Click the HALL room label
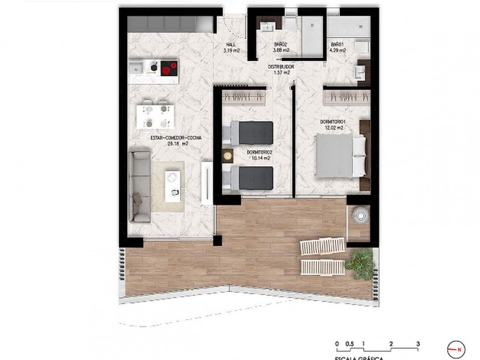tap(231, 47)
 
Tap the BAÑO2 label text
tap(281, 47)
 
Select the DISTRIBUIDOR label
tap(281, 69)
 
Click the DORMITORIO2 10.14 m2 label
tap(259, 155)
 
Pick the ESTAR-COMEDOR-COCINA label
tap(176, 140)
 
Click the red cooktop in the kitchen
tap(169, 68)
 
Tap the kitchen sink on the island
tap(135, 68)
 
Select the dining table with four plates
tap(156, 116)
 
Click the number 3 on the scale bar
tap(418, 344)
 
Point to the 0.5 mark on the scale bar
tap(349, 344)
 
